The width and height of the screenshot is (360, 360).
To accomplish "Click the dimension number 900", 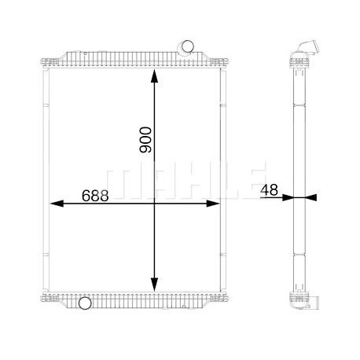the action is [145, 140].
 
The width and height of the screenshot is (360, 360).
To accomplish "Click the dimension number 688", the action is [95, 196].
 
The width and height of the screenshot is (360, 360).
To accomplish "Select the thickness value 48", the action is [270, 189].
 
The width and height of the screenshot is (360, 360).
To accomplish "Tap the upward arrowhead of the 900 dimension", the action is [154, 76].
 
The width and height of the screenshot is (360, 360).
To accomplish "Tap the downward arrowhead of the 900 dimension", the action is [154, 285].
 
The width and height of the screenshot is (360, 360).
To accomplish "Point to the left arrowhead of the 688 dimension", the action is [57, 204].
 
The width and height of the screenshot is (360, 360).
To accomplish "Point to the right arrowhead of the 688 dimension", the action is [213, 204].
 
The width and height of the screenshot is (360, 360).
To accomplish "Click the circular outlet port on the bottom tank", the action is [85, 303].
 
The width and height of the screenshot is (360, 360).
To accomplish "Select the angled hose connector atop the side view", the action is [309, 48].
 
